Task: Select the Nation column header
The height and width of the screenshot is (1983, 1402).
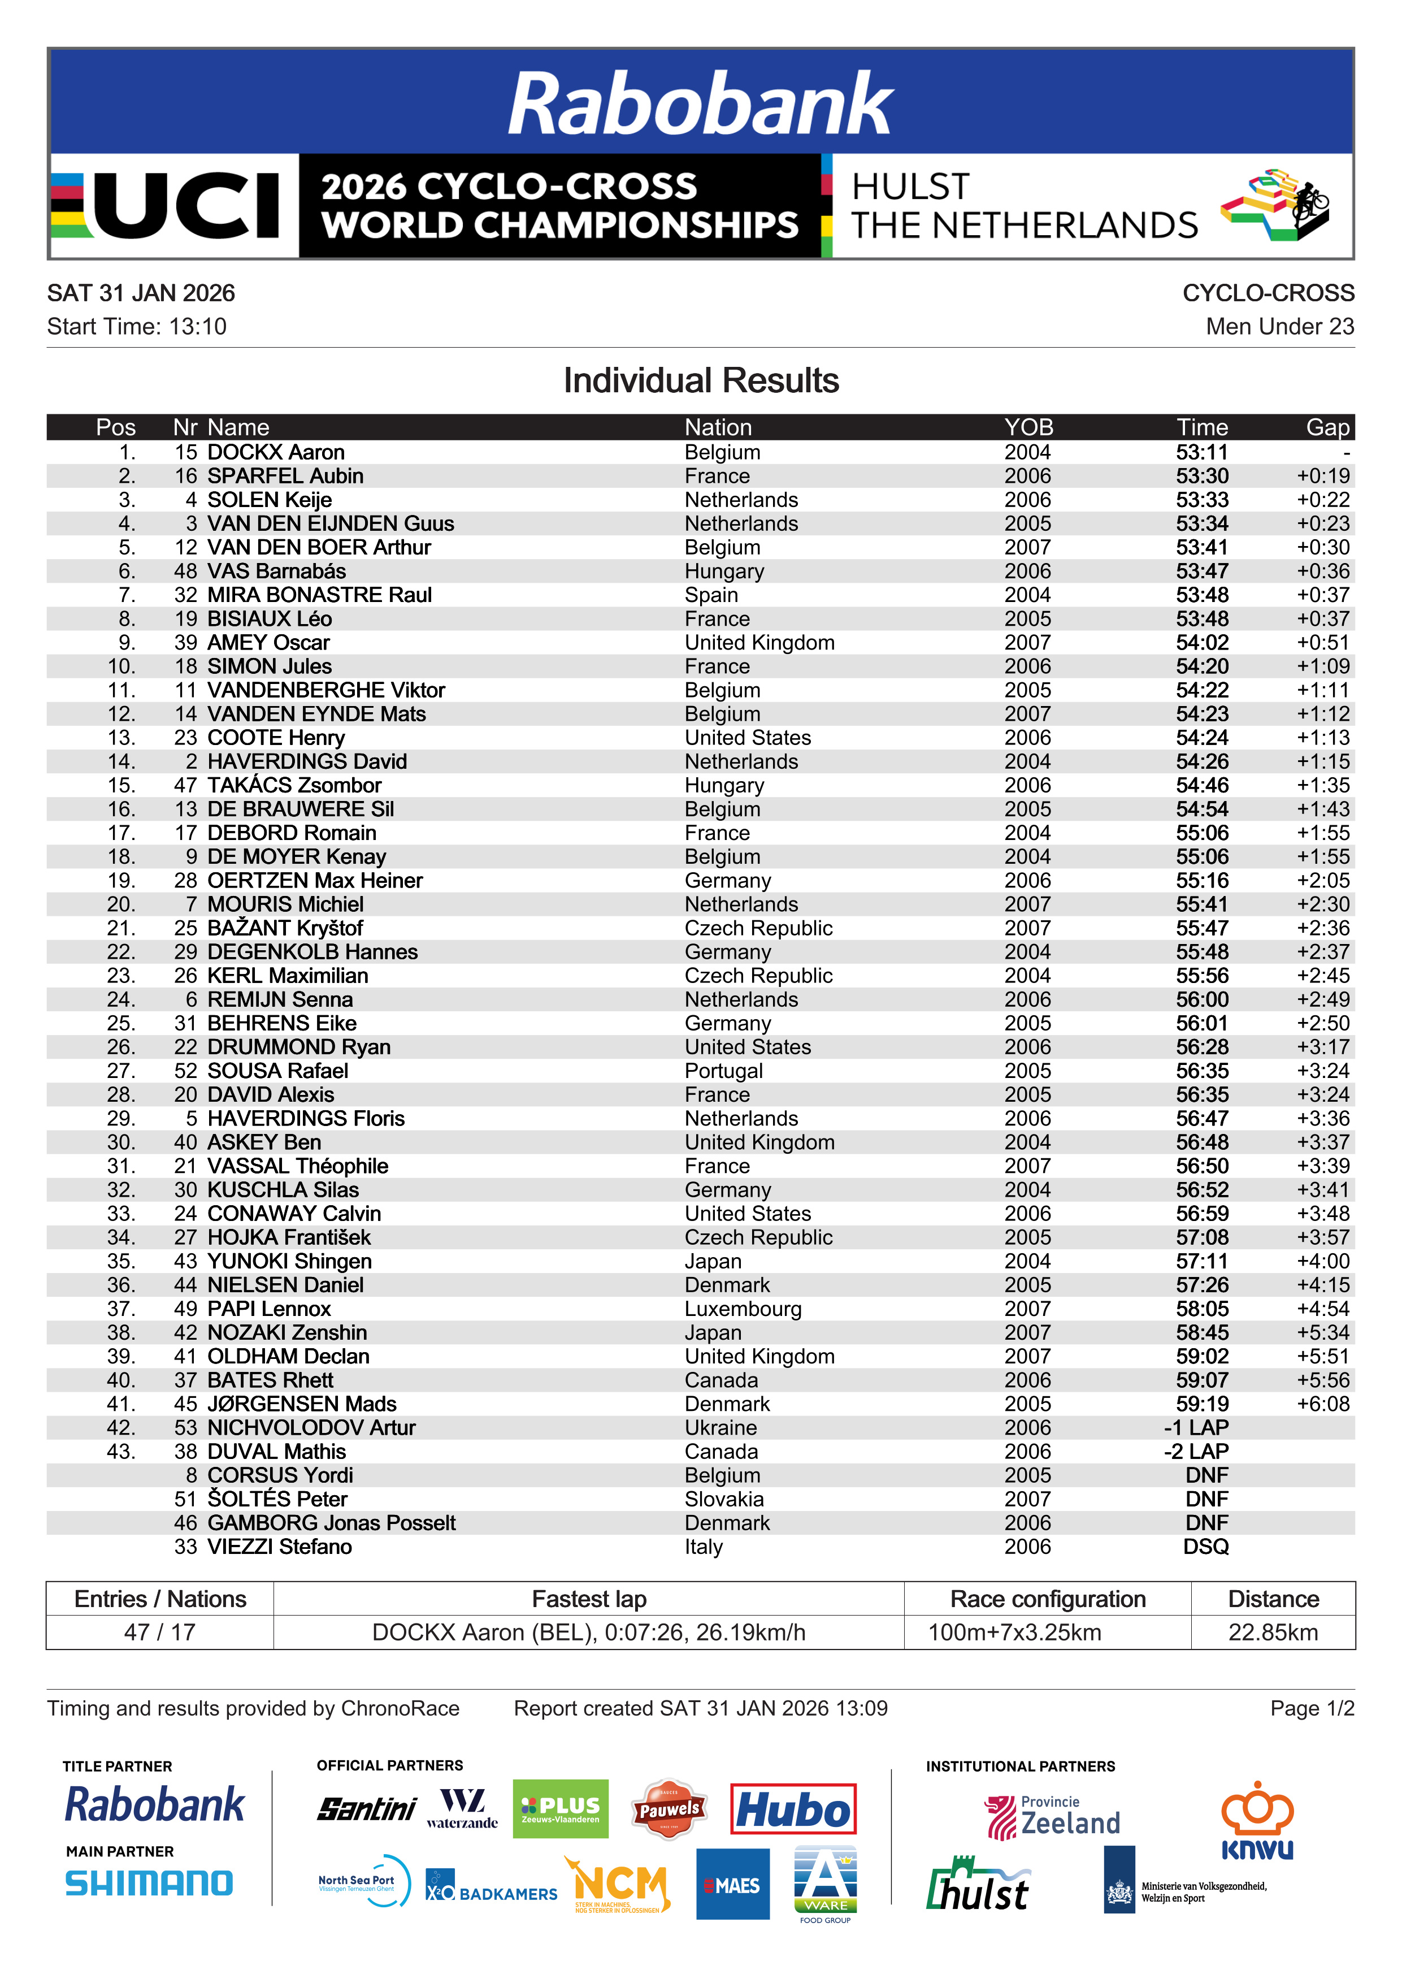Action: coord(718,427)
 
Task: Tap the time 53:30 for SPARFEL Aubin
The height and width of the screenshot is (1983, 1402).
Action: coord(1202,476)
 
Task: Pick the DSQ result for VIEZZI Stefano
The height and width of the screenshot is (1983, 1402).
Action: coord(1205,1547)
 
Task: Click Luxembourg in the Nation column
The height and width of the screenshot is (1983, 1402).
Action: coord(743,1309)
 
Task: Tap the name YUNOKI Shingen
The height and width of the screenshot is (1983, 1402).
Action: coord(289,1262)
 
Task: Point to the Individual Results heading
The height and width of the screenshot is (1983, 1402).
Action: coord(701,381)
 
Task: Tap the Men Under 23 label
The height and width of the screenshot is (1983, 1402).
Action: coord(1279,327)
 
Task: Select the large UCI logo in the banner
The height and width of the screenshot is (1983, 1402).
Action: coord(173,206)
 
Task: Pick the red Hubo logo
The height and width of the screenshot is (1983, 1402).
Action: coord(792,1808)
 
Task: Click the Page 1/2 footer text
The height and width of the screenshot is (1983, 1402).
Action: coord(1312,1708)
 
